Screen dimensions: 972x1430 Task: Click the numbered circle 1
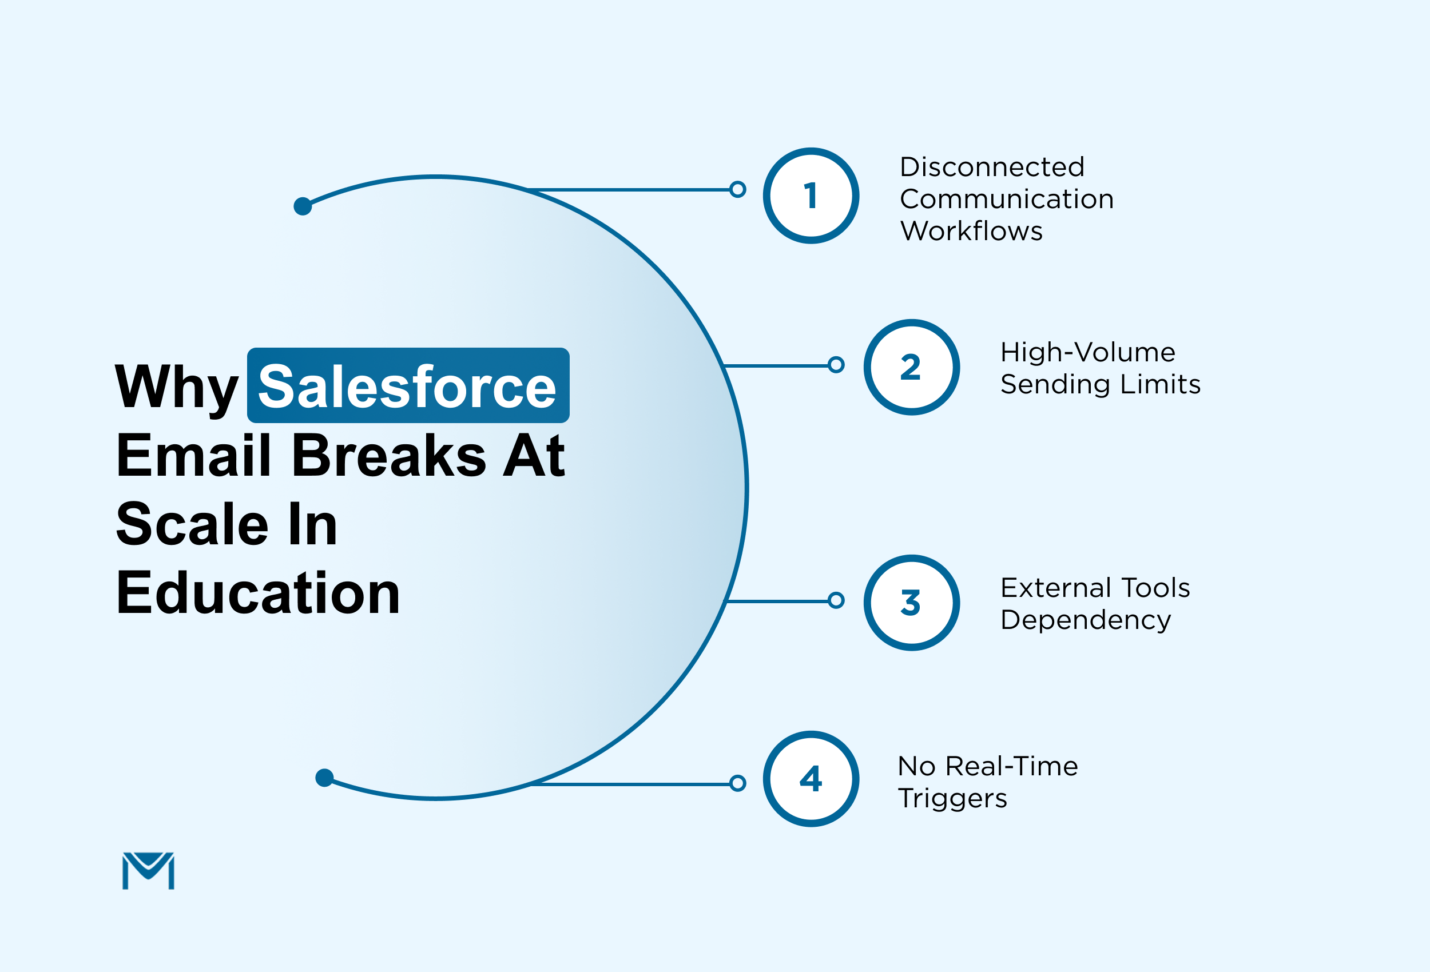811,196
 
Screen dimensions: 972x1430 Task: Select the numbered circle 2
911,367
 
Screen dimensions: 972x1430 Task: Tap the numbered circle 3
911,602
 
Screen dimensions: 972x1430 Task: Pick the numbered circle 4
811,779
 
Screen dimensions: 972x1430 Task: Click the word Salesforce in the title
407,387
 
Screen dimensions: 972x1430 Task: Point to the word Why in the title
177,388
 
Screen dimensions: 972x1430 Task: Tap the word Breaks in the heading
389,456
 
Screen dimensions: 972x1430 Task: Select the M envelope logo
148,870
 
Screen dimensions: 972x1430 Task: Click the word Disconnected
992,167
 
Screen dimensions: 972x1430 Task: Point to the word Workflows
971,230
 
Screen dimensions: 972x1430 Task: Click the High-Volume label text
1087,352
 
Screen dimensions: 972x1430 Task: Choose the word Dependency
1086,619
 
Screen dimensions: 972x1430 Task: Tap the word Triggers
952,799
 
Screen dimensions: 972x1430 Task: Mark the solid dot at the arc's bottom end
324,778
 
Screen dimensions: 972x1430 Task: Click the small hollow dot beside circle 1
737,189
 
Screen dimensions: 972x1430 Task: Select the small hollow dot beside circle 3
836,600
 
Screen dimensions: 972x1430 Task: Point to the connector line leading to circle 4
634,784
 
